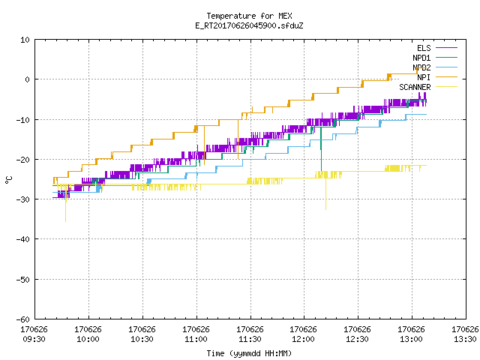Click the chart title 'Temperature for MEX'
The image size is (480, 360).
tap(249, 16)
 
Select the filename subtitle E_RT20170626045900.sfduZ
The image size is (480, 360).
tap(249, 25)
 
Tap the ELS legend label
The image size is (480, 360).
tap(424, 48)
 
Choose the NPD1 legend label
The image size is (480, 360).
tap(421, 58)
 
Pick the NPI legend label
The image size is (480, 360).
tap(424, 77)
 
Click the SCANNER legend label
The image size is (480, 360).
tap(415, 87)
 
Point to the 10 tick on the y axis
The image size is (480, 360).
tap(25, 40)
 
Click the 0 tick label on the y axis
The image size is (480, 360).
tap(28, 79)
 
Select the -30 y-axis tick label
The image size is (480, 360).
tap(23, 199)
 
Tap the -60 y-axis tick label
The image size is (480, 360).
tap(23, 319)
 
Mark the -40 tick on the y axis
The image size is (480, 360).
tap(23, 239)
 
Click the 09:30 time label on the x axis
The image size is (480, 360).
tap(34, 339)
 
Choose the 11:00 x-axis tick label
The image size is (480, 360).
tap(196, 339)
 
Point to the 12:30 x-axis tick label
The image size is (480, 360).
tap(357, 339)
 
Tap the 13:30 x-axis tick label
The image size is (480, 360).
tap(465, 339)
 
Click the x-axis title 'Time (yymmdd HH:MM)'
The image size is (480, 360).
tap(249, 353)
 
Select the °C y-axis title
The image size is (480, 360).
tap(8, 180)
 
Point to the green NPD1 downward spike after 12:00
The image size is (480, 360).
tap(321, 149)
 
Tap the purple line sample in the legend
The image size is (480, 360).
tap(447, 48)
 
